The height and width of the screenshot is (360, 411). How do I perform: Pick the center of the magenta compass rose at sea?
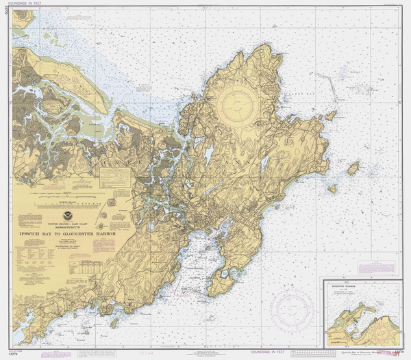coord(291,307)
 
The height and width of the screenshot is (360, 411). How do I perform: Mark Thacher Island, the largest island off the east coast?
coord(353,168)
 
